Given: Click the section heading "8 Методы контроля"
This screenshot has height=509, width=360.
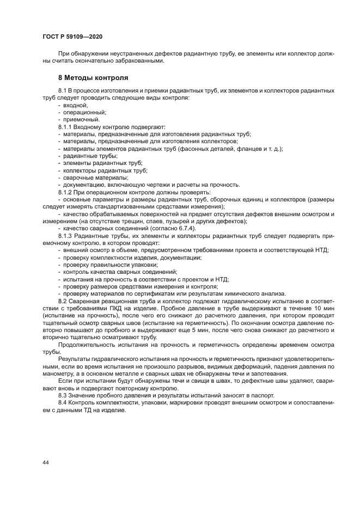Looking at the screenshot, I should coord(93,78).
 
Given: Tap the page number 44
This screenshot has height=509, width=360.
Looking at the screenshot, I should coord(45,462).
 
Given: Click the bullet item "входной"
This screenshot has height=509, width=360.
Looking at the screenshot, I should coord(75,105).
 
